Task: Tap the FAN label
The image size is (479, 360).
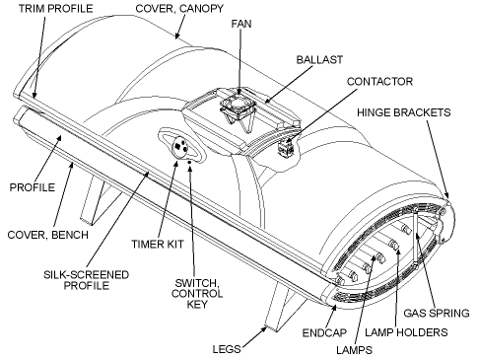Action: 239,22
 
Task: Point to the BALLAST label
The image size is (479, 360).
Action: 318,59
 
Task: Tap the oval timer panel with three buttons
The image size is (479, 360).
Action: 181,146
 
